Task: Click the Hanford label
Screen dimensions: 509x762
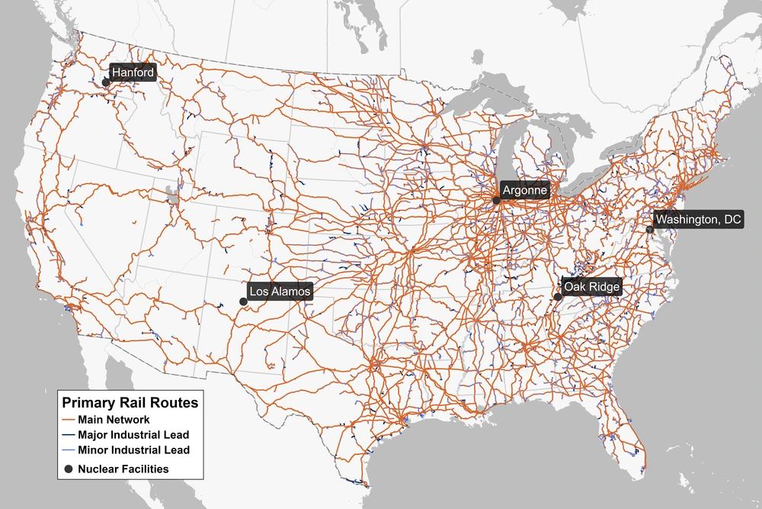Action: (x=133, y=73)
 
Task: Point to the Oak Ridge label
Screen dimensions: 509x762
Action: (x=592, y=287)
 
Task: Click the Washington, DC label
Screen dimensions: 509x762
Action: (x=699, y=220)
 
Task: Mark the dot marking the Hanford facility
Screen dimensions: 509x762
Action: (x=106, y=82)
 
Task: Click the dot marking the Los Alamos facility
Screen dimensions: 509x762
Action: (x=243, y=301)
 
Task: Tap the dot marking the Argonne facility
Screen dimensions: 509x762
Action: (x=496, y=200)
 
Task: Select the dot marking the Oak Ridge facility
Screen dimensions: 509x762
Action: (x=558, y=297)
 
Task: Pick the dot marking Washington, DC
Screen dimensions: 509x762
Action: (x=650, y=229)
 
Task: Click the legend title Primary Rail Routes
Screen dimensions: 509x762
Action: (x=130, y=403)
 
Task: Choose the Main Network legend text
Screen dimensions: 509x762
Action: (x=114, y=420)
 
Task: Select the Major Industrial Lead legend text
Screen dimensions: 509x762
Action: (x=133, y=435)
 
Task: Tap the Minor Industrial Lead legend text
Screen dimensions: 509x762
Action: (x=133, y=450)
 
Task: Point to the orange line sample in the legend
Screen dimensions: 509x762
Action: (x=69, y=420)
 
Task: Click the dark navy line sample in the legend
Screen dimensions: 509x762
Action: (x=69, y=435)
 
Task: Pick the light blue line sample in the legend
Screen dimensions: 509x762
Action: (x=69, y=450)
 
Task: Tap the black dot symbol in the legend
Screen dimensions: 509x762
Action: (x=69, y=469)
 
